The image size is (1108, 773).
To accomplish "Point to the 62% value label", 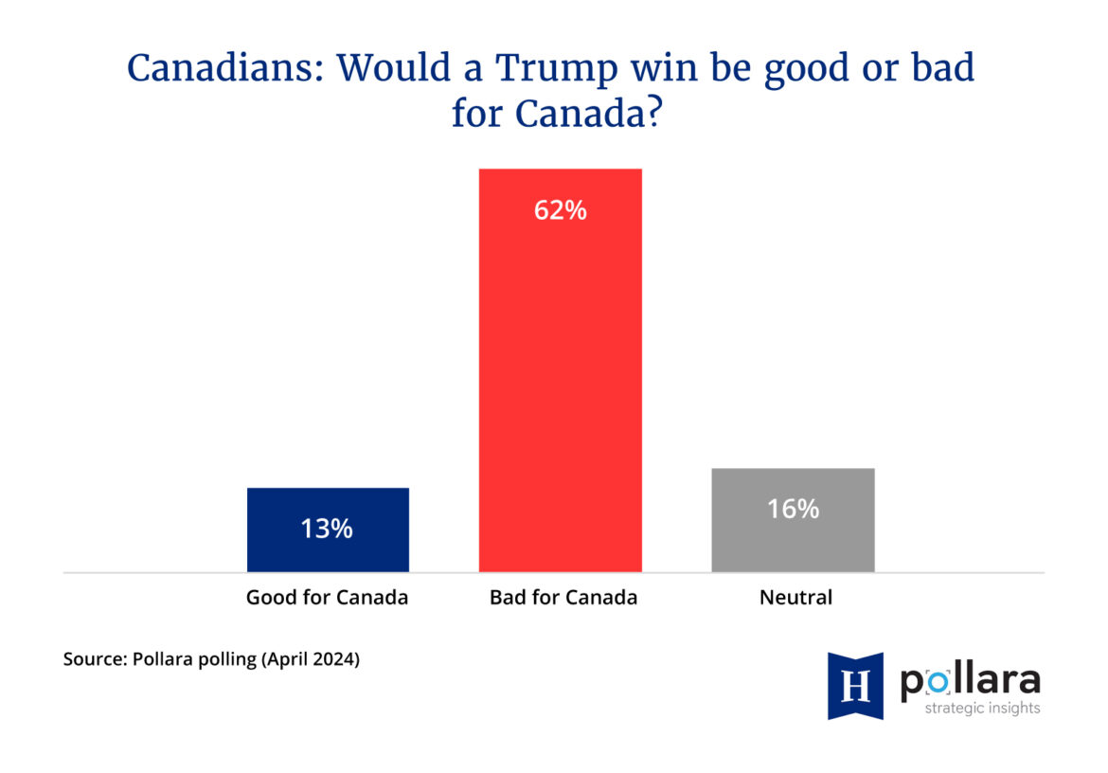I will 560,210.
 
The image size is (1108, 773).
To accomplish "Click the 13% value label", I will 327,529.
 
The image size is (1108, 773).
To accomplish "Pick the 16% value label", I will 793,509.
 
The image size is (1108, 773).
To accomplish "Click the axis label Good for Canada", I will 327,598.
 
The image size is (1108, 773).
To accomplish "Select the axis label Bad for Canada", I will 563,598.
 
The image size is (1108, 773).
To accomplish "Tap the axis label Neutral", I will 795,598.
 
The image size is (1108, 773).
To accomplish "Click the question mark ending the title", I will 647,115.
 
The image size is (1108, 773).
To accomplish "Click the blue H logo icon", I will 855,685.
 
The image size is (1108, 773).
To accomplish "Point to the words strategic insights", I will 982,709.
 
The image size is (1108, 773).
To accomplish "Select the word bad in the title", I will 946,69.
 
